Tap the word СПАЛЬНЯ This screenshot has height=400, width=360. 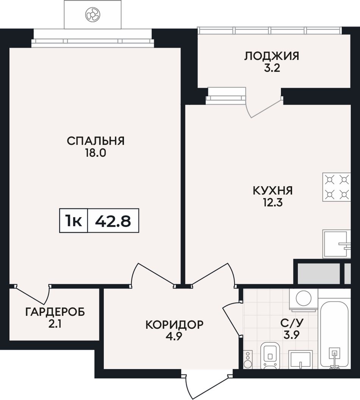pos(95,141)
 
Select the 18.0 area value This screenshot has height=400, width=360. pos(95,153)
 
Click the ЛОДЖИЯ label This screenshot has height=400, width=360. pos(272,56)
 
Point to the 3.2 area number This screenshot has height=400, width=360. pos(272,68)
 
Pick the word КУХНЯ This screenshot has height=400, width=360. pos(273,191)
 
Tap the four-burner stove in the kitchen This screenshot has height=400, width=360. pos(337,187)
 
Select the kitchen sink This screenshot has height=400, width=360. pos(337,244)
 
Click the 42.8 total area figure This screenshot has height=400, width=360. pos(113,221)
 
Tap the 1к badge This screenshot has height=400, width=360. pos(74,221)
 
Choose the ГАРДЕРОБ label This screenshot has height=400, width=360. pos(55,312)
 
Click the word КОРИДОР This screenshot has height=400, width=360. pos(175,325)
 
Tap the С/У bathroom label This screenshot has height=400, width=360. pos(292,323)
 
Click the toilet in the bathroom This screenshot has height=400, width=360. pos(271,355)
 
